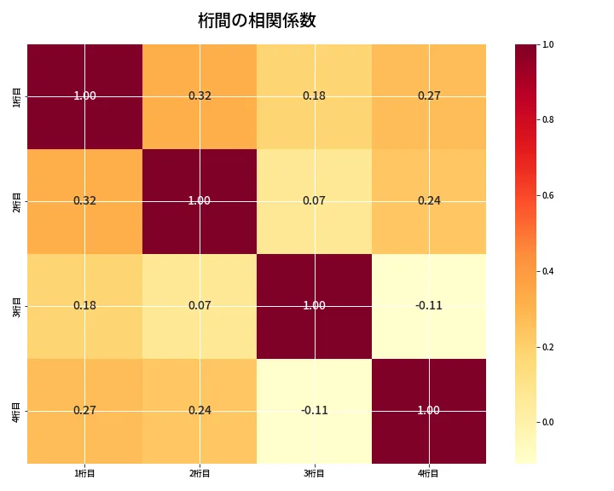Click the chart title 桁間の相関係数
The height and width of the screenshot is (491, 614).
257,20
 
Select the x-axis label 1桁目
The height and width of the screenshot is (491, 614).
84,473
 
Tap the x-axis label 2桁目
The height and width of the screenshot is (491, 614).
200,473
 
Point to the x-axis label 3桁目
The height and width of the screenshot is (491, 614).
314,473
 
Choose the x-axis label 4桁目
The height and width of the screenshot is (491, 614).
429,473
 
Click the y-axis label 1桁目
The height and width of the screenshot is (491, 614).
17,96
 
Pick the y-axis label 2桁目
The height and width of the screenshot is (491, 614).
17,201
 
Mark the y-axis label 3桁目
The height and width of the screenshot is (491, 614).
17,306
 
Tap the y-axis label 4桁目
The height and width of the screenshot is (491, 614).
17,411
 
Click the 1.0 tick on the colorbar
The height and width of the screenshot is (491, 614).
547,44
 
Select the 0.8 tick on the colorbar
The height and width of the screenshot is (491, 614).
547,119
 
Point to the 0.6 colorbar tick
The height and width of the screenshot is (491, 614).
547,195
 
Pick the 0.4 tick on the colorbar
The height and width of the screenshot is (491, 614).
547,271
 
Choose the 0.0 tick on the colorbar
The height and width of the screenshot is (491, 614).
547,422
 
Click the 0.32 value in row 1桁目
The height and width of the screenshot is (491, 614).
200,95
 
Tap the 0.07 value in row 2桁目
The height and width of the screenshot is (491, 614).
314,200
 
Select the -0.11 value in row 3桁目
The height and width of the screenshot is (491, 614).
429,305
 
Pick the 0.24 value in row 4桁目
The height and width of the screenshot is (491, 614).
200,410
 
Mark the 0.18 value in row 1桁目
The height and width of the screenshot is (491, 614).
314,95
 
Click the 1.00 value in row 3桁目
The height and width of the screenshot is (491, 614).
314,305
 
